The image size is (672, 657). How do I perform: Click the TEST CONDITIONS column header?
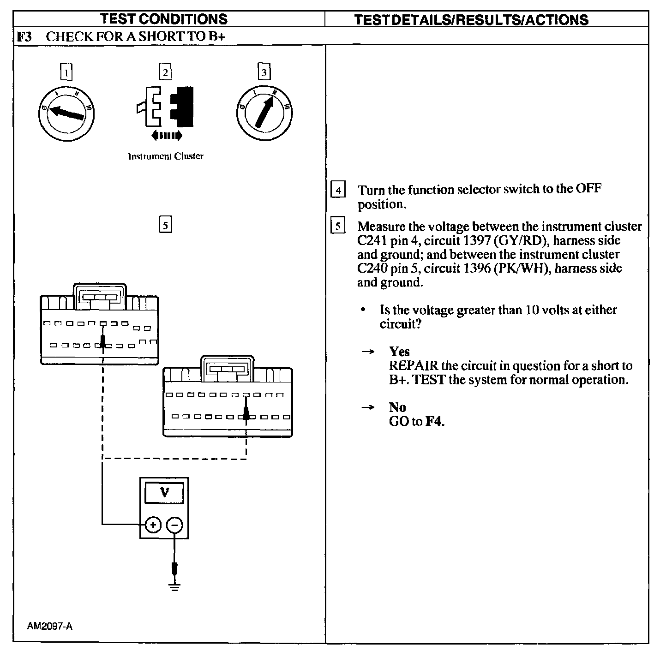(164, 19)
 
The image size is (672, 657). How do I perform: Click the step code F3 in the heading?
(24, 36)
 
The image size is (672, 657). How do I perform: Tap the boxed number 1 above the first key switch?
(67, 72)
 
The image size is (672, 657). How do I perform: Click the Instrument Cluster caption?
(165, 156)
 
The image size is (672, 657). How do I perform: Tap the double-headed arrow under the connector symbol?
(167, 136)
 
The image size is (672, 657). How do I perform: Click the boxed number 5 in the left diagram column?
(165, 225)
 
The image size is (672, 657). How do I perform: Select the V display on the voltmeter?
(164, 493)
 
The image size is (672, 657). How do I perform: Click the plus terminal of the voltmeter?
(153, 525)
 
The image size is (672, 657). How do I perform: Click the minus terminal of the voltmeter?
(174, 525)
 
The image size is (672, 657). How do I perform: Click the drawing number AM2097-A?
(50, 626)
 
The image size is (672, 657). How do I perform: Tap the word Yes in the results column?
(399, 352)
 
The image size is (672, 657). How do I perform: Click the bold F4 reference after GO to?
(434, 421)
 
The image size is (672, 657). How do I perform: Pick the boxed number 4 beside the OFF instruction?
(338, 190)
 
